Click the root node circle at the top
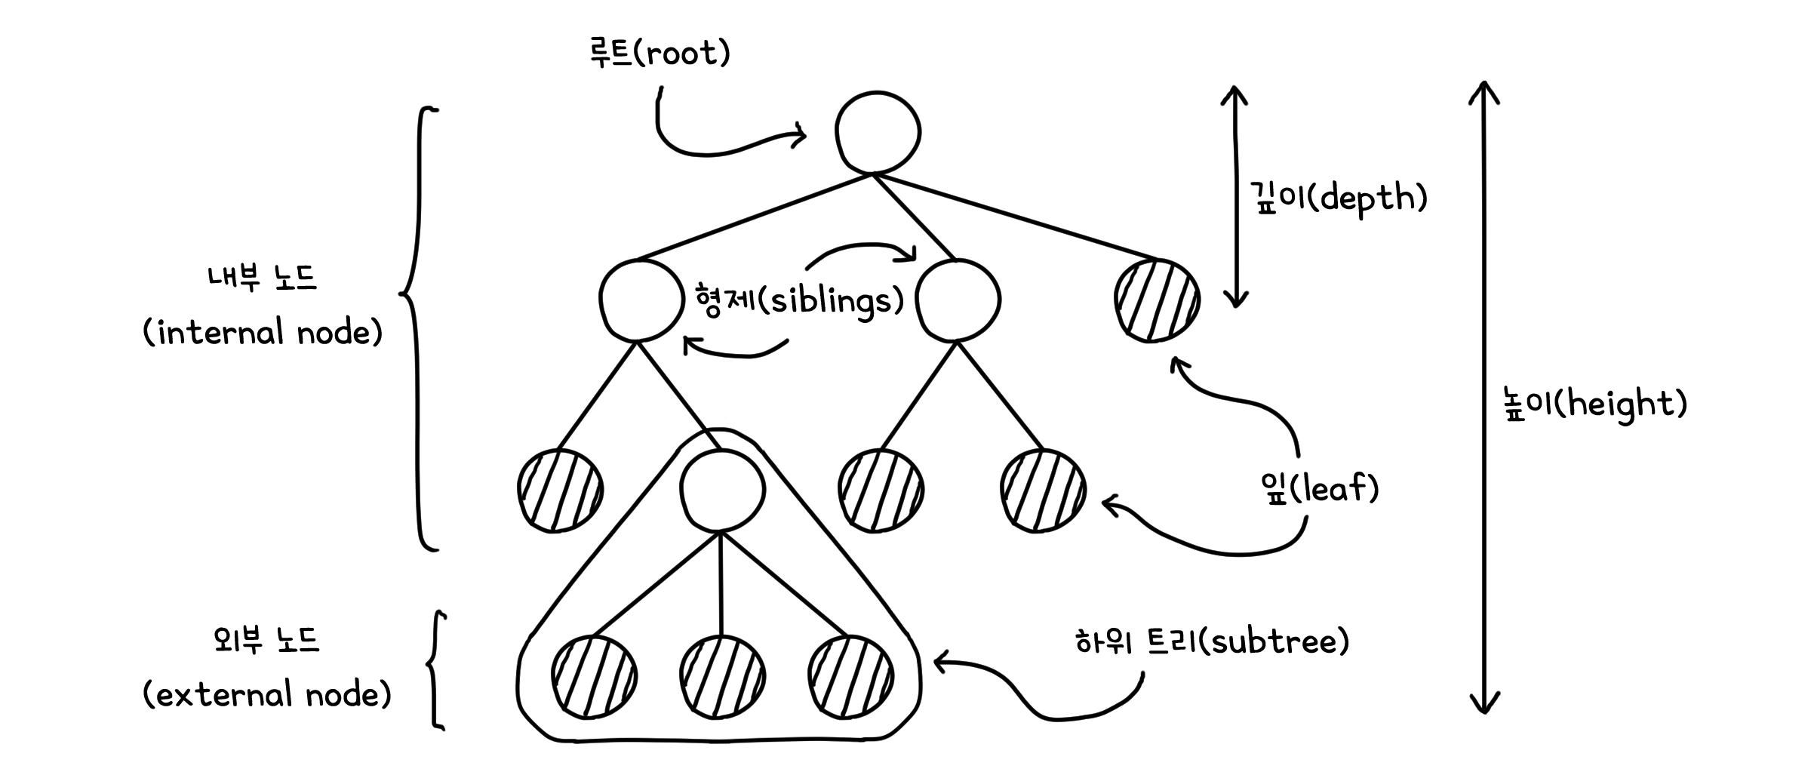pyautogui.click(x=878, y=133)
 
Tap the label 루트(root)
pyautogui.click(x=660, y=53)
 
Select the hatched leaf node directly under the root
pyautogui.click(x=1157, y=300)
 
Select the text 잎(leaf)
pyautogui.click(x=1320, y=489)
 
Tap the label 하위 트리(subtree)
pyautogui.click(x=1212, y=641)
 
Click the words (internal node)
pyautogui.click(x=263, y=333)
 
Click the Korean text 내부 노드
pyautogui.click(x=262, y=278)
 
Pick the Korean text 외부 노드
pyautogui.click(x=266, y=641)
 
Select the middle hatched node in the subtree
pyautogui.click(x=722, y=675)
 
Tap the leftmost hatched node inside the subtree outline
pyautogui.click(x=594, y=675)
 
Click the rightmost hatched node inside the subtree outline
pyautogui.click(x=850, y=675)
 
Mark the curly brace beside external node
pyautogui.click(x=435, y=670)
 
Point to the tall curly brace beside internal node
pyautogui.click(x=417, y=329)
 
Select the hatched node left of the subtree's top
pyautogui.click(x=560, y=491)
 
